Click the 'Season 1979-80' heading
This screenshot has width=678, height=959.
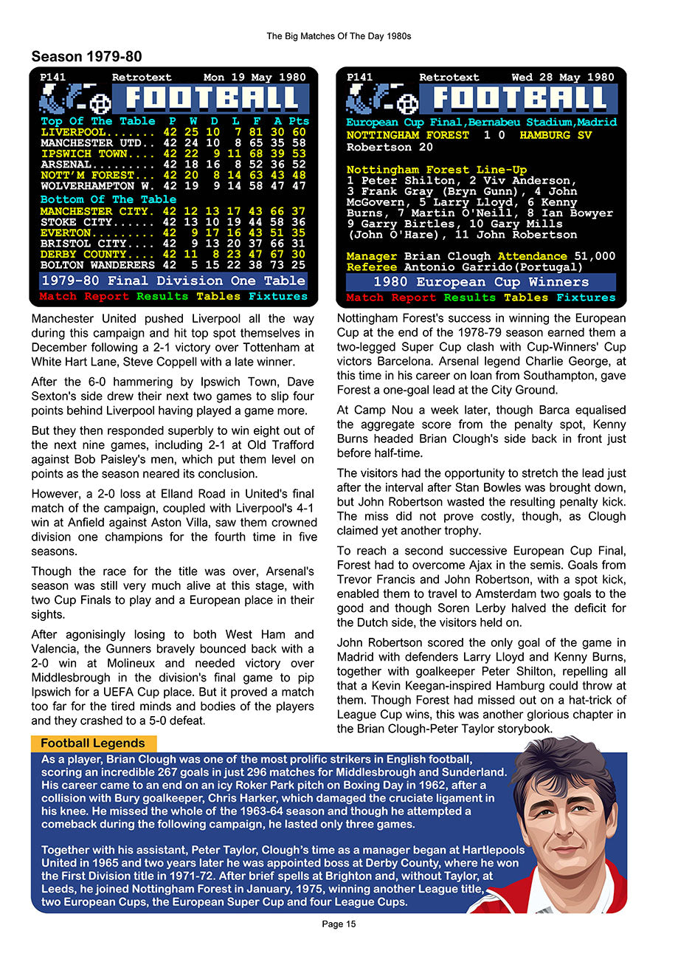(86, 57)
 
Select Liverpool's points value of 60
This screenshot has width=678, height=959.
(298, 132)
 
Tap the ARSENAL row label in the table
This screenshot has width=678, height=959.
(66, 165)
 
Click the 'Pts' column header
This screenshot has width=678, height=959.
(298, 121)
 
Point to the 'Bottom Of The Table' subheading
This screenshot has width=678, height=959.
(108, 199)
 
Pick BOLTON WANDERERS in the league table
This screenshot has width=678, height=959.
(97, 264)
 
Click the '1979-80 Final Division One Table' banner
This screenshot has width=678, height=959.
(173, 281)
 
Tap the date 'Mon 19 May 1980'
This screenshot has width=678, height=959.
(255, 77)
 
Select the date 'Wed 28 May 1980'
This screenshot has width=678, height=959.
(562, 77)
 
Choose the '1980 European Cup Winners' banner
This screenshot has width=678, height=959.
(481, 282)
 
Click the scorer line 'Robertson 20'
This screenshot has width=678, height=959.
(379, 147)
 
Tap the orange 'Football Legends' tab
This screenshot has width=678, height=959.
(93, 743)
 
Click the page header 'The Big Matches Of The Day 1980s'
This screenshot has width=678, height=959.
(339, 35)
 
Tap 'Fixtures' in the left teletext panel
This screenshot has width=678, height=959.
(278, 296)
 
